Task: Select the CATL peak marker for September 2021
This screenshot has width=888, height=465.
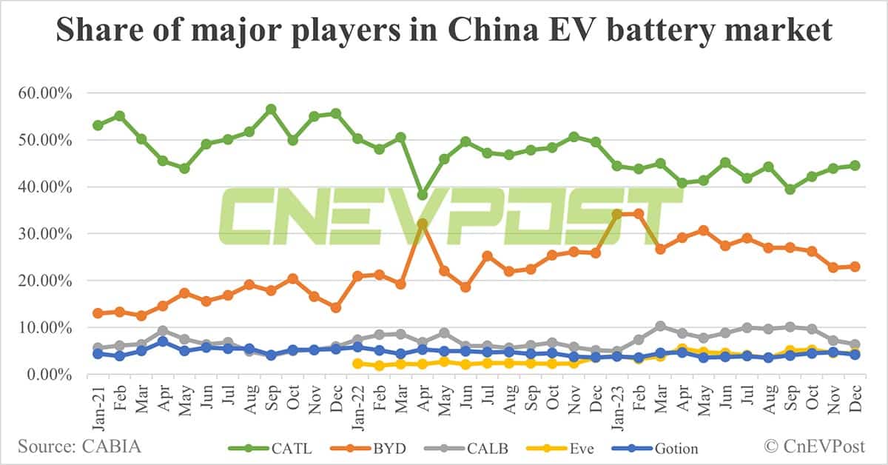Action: click(x=271, y=110)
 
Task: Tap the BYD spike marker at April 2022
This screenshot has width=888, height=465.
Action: click(x=423, y=224)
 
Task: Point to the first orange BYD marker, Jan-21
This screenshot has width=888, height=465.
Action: click(x=98, y=313)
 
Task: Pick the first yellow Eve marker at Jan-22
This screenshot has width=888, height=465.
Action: click(x=357, y=364)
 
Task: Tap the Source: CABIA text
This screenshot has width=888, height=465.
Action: click(x=79, y=447)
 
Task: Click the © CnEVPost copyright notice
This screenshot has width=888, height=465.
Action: click(x=817, y=447)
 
